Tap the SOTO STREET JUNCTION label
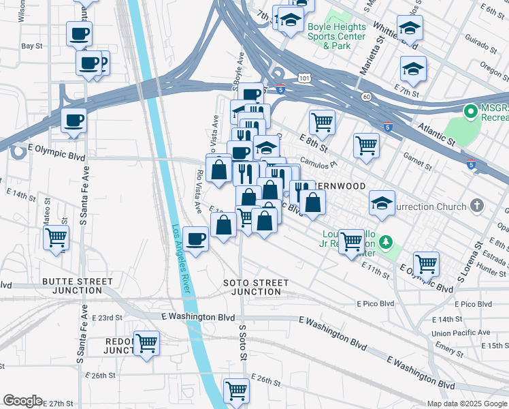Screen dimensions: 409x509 (255, 287)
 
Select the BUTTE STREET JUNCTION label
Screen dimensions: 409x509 (77, 286)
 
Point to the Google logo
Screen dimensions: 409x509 (23, 401)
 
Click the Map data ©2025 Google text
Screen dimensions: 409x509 (466, 404)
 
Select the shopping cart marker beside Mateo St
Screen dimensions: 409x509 (56, 238)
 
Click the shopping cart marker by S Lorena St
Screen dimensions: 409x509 (426, 263)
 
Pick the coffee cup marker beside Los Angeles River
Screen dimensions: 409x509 (196, 239)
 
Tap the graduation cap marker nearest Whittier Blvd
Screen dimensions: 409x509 (410, 28)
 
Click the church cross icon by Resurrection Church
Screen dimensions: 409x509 (478, 205)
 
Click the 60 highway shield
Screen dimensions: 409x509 (366, 97)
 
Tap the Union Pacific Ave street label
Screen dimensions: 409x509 (465, 333)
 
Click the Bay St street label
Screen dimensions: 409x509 (32, 46)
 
